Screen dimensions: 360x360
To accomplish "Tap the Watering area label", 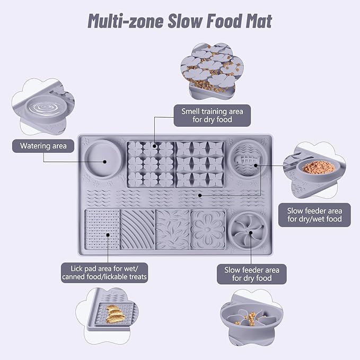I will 43,145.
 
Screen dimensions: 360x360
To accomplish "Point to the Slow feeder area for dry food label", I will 252,274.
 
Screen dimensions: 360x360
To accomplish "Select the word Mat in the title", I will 256,22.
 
